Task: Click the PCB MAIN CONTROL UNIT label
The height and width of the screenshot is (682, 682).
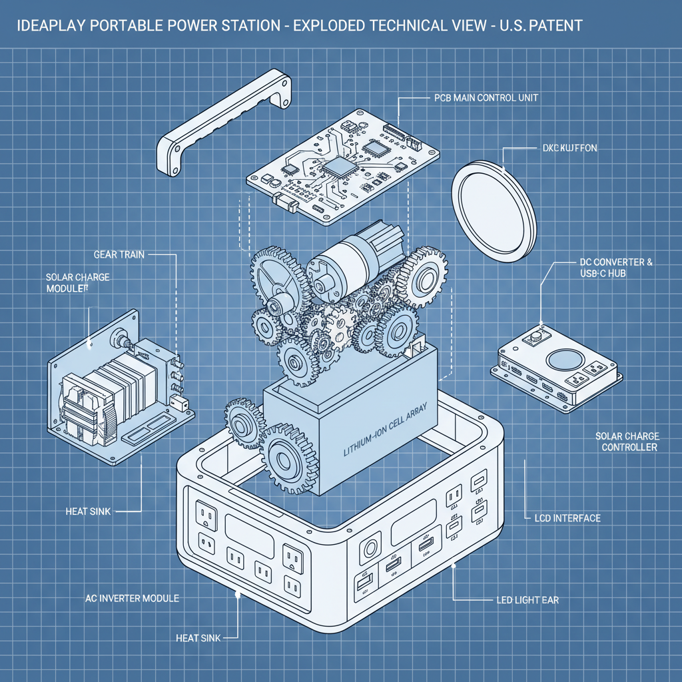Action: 481,98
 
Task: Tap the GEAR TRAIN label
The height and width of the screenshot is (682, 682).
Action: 119,254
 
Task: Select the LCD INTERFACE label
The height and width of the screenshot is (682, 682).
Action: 567,517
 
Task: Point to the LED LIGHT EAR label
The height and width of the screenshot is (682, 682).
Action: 527,600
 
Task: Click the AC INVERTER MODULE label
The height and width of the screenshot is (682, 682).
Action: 132,598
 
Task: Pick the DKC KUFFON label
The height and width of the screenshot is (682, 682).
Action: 566,148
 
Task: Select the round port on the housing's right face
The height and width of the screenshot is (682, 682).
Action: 368,551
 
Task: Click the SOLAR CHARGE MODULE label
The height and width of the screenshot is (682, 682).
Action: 78,282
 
